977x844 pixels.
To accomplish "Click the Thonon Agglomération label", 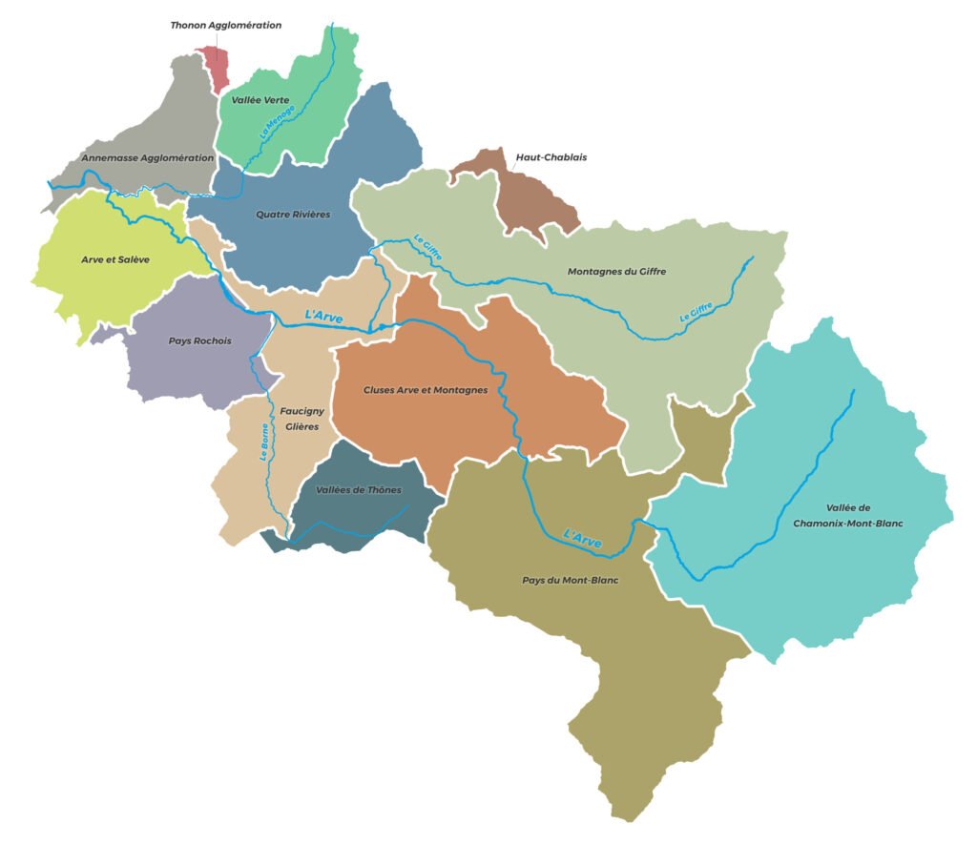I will click(226, 25).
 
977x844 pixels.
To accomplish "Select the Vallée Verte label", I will click(260, 99).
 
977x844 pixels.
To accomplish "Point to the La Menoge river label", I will click(278, 123).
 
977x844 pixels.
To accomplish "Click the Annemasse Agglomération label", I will click(148, 158).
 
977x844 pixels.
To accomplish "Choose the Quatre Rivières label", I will click(293, 215).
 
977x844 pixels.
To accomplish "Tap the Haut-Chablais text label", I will click(551, 156).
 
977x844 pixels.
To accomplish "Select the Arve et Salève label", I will click(115, 258).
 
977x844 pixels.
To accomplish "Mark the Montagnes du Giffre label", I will click(616, 272).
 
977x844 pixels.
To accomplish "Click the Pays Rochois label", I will click(200, 340).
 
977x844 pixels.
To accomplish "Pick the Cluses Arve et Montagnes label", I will click(426, 390).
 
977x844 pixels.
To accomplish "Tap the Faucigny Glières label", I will click(302, 419).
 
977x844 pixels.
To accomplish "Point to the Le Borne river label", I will click(264, 443).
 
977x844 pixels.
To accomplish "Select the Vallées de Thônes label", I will click(359, 490).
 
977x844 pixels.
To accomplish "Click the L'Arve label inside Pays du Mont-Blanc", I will click(582, 537).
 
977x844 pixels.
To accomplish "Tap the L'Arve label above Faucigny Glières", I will click(323, 314).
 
